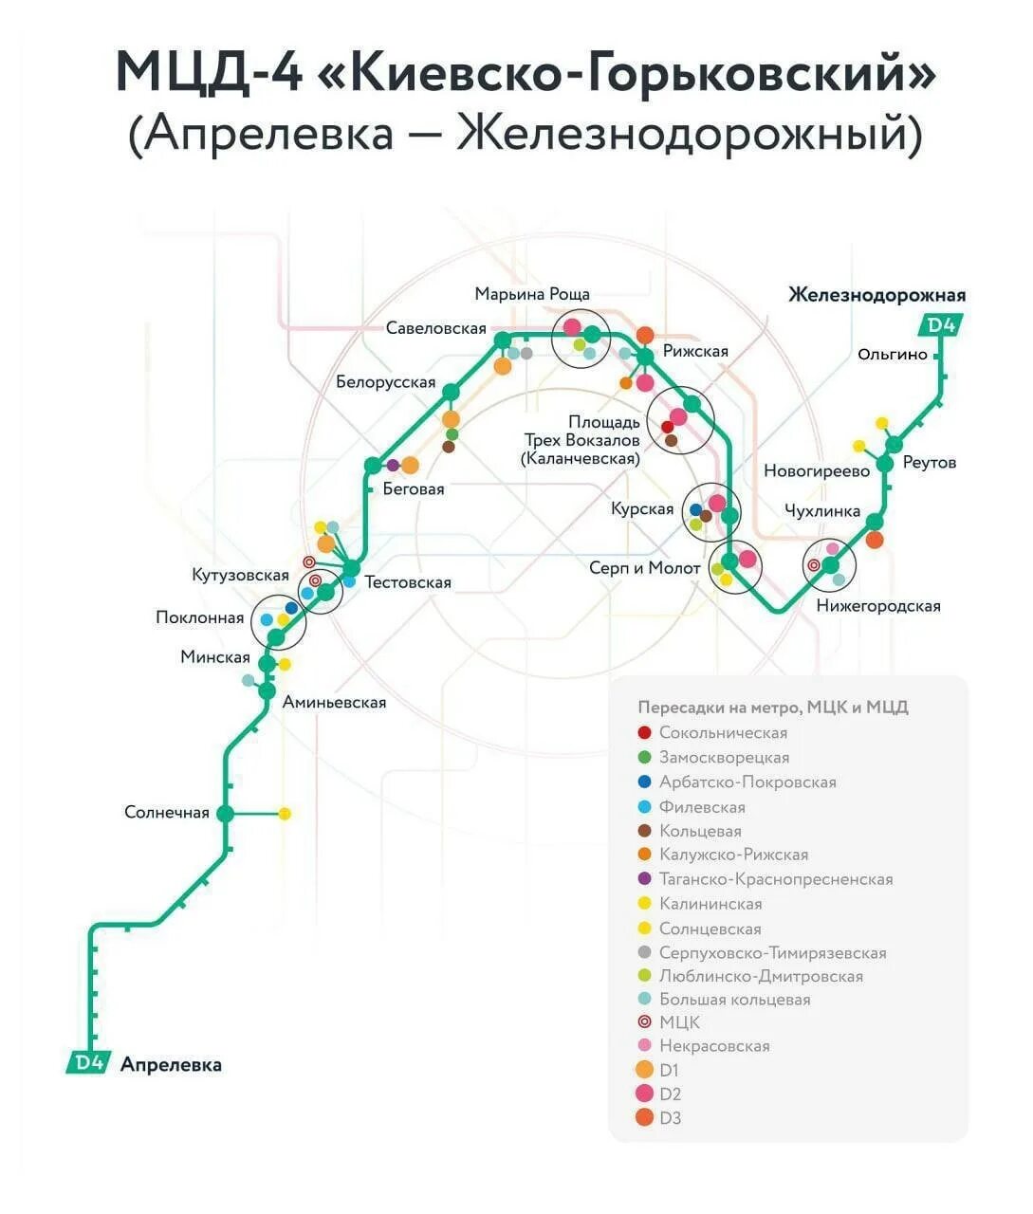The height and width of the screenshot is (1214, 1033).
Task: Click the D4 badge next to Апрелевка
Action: [x=89, y=1062]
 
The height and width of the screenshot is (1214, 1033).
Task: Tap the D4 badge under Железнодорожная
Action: [x=941, y=325]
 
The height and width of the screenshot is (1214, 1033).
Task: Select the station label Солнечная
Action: [x=167, y=813]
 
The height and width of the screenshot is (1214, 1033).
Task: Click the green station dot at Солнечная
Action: [x=226, y=813]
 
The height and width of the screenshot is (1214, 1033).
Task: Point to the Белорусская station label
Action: [x=386, y=382]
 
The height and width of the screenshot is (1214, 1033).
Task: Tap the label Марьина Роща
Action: [x=532, y=294]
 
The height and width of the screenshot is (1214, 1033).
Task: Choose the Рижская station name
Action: [x=696, y=352]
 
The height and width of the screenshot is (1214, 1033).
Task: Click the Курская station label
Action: [x=642, y=509]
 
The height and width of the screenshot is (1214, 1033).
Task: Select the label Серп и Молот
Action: [x=645, y=568]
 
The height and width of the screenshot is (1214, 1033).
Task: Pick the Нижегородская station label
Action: [x=878, y=606]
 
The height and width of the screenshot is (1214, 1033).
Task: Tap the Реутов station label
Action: [x=930, y=463]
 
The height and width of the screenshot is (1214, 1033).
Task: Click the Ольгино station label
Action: [x=892, y=354]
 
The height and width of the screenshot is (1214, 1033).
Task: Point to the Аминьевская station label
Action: [x=334, y=703]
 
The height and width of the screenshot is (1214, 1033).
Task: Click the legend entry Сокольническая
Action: [x=723, y=733]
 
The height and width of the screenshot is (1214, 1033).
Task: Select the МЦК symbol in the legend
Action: [x=645, y=1021]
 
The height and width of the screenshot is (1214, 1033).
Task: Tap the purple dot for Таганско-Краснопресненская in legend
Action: [x=645, y=879]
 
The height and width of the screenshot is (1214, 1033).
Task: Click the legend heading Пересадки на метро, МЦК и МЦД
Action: [x=773, y=708]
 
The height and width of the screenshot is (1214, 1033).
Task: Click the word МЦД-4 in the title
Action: [x=209, y=72]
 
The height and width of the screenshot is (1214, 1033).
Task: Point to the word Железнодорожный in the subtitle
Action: [x=689, y=134]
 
